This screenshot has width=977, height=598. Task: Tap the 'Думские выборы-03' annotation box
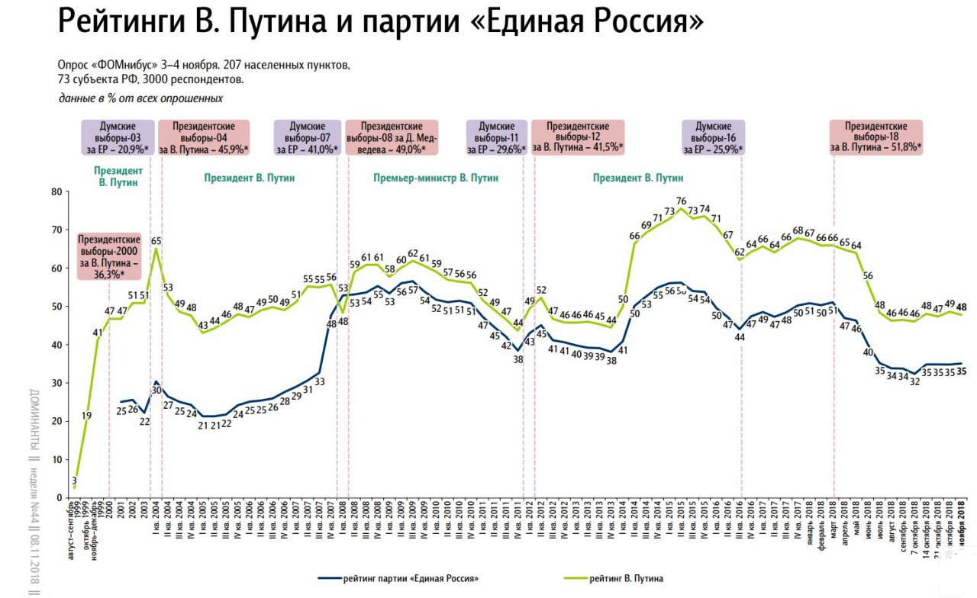tap(118, 137)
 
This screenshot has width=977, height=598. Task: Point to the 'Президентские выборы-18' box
tap(876, 137)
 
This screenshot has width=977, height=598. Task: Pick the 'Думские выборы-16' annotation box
tap(714, 137)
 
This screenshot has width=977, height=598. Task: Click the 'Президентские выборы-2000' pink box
tap(110, 255)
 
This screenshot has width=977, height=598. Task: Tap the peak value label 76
tap(681, 201)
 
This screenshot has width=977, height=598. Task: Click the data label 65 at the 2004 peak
tap(156, 241)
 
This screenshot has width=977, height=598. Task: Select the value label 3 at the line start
tap(75, 481)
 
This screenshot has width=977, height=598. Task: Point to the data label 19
tap(87, 416)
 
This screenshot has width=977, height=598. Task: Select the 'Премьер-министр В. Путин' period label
tap(436, 178)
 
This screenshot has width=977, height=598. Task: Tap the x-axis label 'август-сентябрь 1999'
tap(72, 534)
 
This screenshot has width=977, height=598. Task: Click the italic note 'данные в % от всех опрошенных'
tap(140, 98)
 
